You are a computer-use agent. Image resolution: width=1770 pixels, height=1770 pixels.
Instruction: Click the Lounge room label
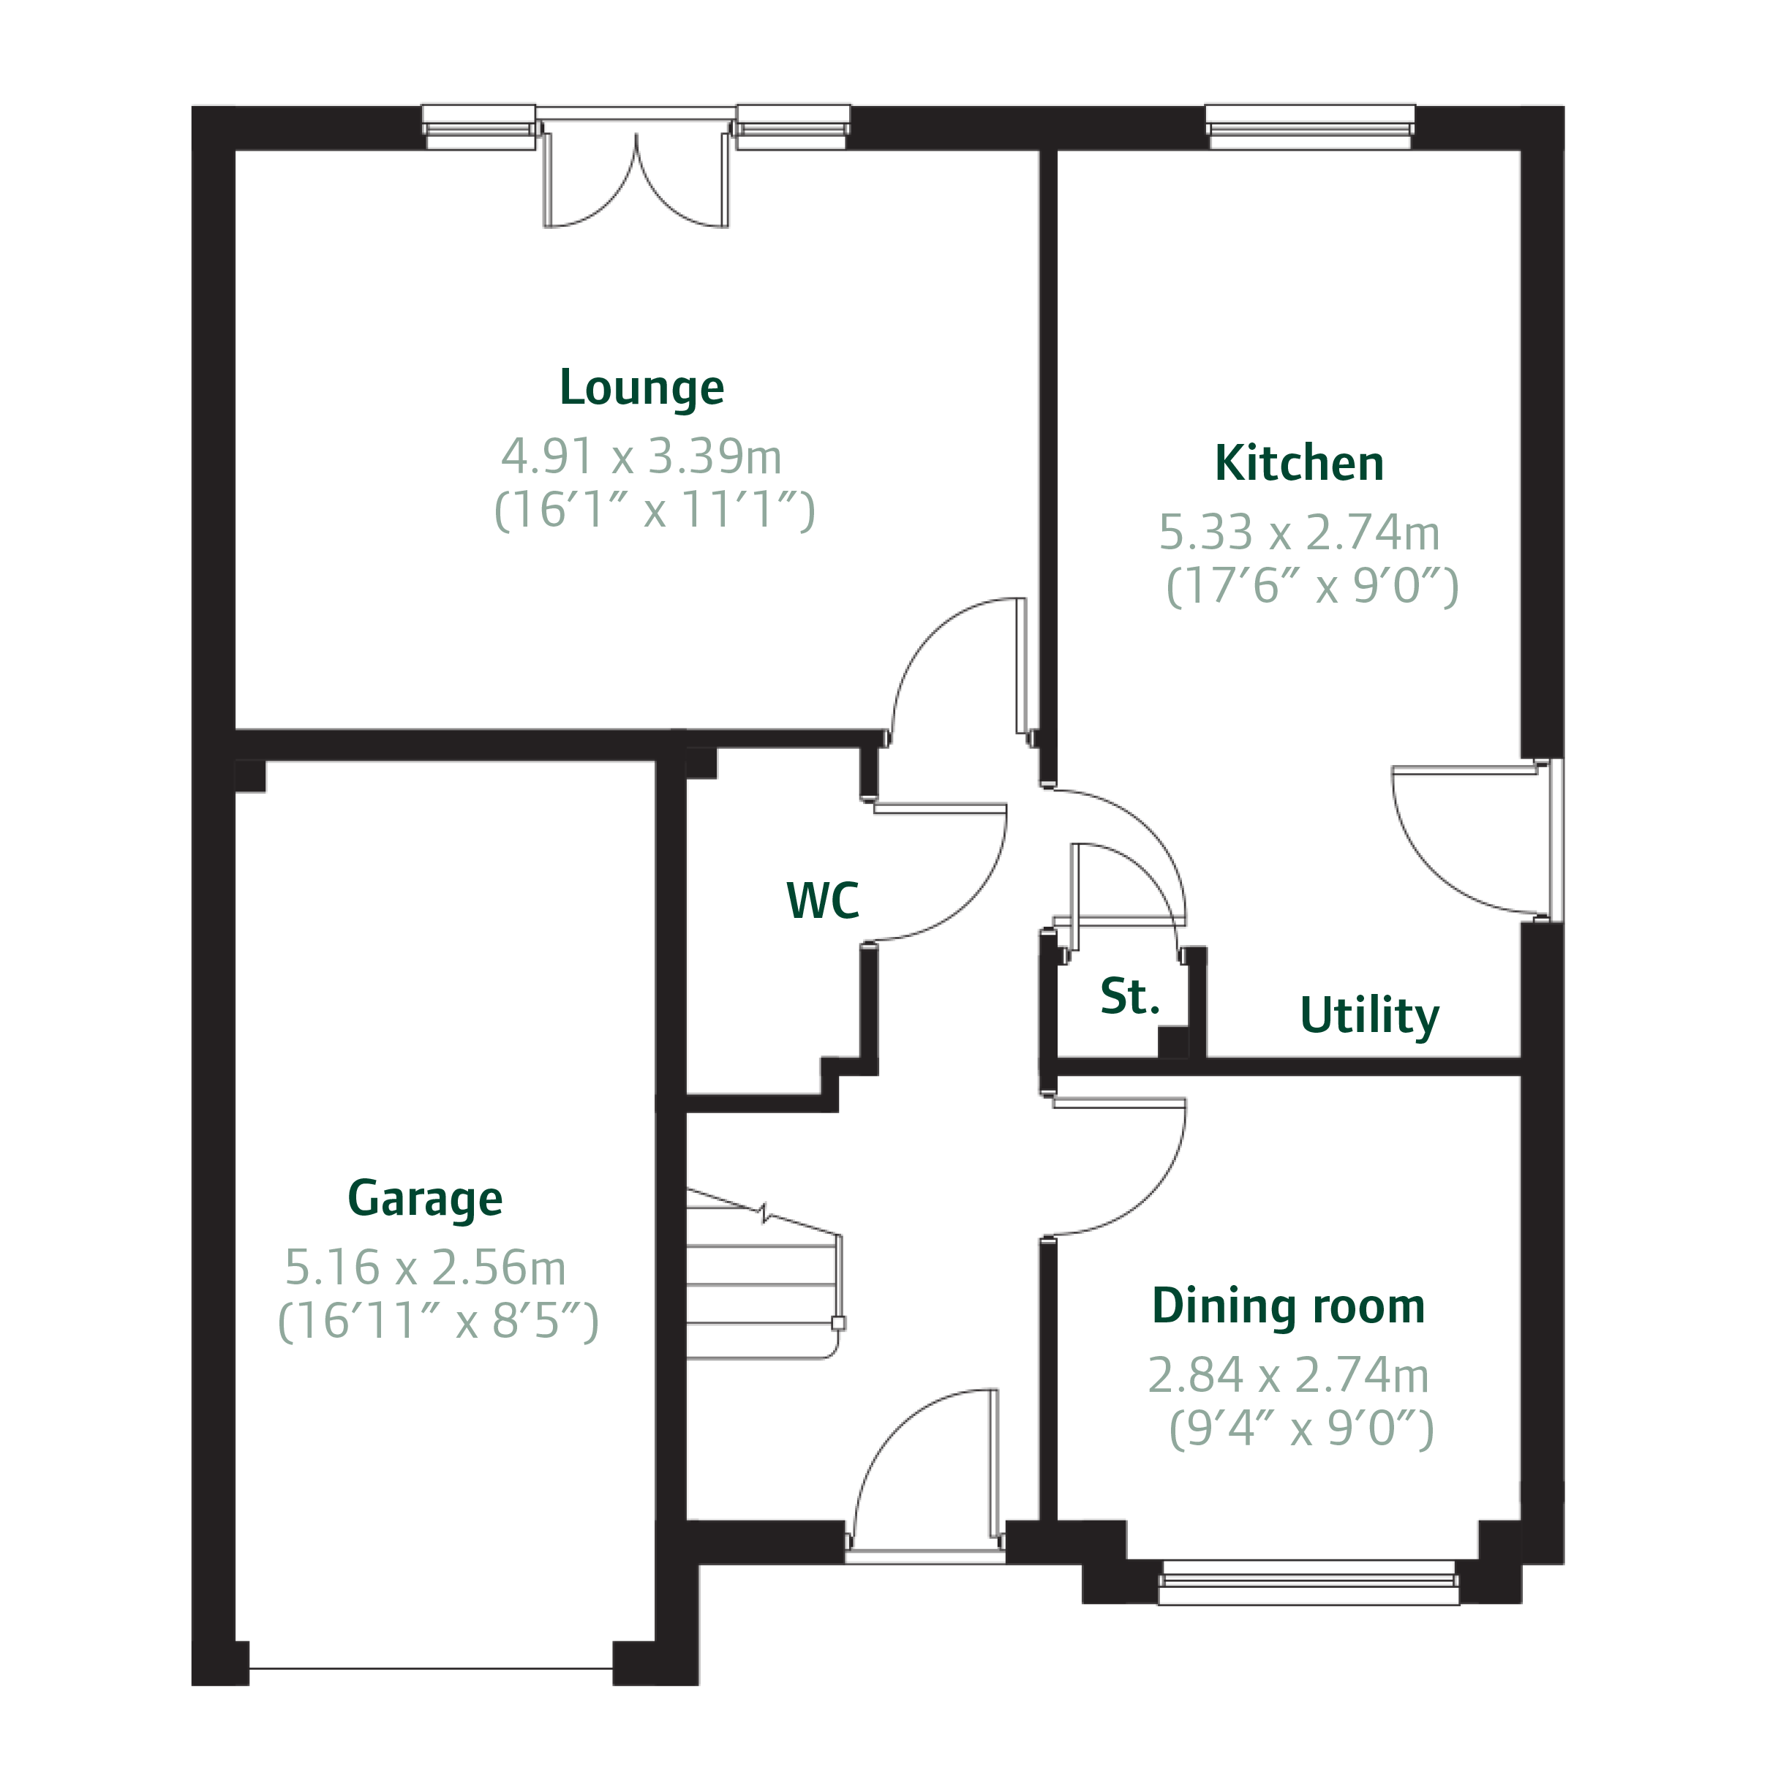641,388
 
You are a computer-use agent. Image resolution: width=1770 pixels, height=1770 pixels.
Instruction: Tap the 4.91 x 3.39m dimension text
641,456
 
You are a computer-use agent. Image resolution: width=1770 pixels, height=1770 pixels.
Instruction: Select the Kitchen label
1298,464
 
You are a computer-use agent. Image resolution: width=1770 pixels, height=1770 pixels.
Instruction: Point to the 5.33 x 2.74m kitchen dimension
1298,532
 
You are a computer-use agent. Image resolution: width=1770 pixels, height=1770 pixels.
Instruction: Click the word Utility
1368,1015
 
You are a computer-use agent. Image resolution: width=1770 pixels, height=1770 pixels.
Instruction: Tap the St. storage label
1129,996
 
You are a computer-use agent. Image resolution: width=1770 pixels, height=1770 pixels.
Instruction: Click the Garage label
425,1198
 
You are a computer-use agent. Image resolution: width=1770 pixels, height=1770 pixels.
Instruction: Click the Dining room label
1287,1306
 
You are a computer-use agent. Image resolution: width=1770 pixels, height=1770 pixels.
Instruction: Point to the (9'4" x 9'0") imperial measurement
1301,1428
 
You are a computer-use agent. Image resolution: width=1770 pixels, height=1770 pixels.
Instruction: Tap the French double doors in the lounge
636,184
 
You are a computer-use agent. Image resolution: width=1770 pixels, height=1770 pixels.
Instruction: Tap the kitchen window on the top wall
1309,127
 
